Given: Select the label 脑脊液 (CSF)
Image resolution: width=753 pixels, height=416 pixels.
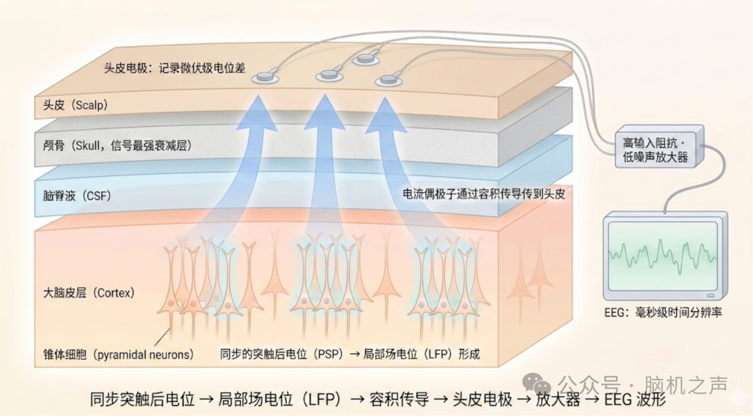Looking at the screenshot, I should [x=77, y=196].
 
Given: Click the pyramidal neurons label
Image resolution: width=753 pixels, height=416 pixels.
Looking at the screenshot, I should [x=118, y=354].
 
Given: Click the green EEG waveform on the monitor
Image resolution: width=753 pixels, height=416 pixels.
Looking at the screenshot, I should [x=662, y=255].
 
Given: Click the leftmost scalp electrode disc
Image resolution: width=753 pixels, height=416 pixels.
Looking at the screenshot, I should [x=265, y=78].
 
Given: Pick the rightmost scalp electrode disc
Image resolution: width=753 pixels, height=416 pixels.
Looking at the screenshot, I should [x=388, y=81].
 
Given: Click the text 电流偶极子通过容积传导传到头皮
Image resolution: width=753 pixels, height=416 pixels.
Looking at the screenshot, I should [x=483, y=194].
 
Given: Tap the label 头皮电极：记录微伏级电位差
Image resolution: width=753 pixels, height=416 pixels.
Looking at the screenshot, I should [x=175, y=68].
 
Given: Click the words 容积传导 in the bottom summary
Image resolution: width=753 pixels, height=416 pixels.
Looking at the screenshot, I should [x=399, y=399].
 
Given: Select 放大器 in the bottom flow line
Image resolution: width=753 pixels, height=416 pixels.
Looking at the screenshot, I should [x=557, y=399].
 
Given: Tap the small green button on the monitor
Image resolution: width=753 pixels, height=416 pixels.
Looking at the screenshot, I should [x=710, y=295].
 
